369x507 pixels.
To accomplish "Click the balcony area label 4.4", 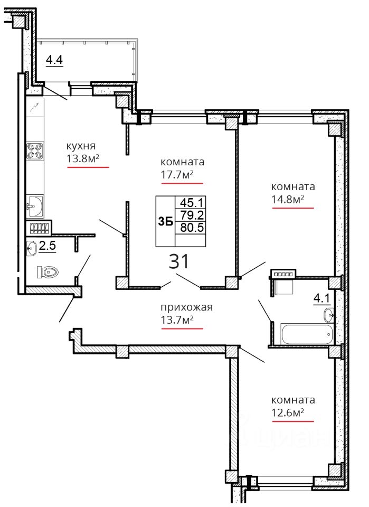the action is tap(54, 60).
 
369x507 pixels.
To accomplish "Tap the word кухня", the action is tap(81, 146).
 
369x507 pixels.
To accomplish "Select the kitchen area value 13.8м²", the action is tap(83, 158).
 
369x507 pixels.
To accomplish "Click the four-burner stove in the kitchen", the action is tap(35, 151).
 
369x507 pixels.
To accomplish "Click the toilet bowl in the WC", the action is tap(47, 271).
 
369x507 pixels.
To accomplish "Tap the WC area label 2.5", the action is tap(47, 246).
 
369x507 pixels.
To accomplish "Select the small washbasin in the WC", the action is tap(31, 249).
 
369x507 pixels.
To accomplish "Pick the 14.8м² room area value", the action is tap(288, 200).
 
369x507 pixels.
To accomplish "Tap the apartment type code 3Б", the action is tap(165, 222).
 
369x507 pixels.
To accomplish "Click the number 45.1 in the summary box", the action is tap(191, 203).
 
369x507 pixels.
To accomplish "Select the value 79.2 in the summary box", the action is tap(191, 215).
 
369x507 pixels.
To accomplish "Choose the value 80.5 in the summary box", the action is tap(192, 228).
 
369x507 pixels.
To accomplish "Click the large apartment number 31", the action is tap(178, 261).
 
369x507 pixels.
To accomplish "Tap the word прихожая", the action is tap(187, 307).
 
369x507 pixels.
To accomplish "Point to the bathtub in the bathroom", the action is tap(307, 334).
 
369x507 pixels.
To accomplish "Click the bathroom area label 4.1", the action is tap(322, 298).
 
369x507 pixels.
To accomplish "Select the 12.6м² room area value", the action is tap(288, 412).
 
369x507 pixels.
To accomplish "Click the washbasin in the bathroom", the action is tap(329, 315).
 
